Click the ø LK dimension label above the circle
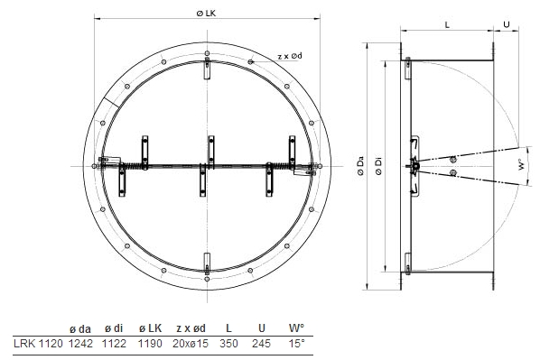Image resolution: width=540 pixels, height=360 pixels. pyautogui.click(x=206, y=13)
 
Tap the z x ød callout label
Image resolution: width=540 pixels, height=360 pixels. pyautogui.click(x=290, y=56)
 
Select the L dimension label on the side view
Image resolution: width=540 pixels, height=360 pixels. pyautogui.click(x=447, y=24)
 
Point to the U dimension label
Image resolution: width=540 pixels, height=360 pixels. pyautogui.click(x=507, y=24)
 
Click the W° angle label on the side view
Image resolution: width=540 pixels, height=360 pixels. pyautogui.click(x=523, y=164)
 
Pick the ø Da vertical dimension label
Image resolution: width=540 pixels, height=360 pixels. pyautogui.click(x=360, y=167)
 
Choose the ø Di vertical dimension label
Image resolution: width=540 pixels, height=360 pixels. pyautogui.click(x=379, y=167)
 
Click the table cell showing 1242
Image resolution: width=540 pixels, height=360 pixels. pyautogui.click(x=80, y=343)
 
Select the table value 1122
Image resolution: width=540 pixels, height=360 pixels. pyautogui.click(x=114, y=343)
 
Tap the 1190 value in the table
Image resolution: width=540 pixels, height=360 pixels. pyautogui.click(x=150, y=343)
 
